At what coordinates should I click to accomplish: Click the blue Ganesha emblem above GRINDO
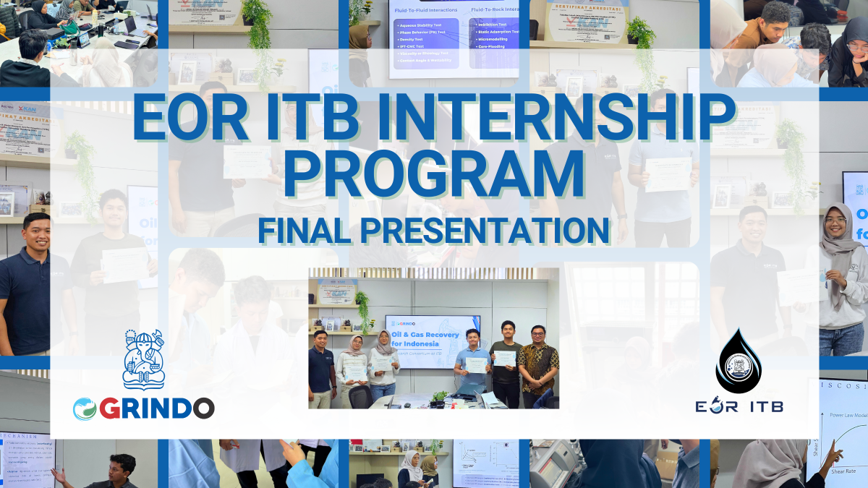143,359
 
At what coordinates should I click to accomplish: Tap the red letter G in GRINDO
111,408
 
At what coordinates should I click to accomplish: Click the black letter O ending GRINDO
201,408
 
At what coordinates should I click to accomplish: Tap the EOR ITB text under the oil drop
748,406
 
